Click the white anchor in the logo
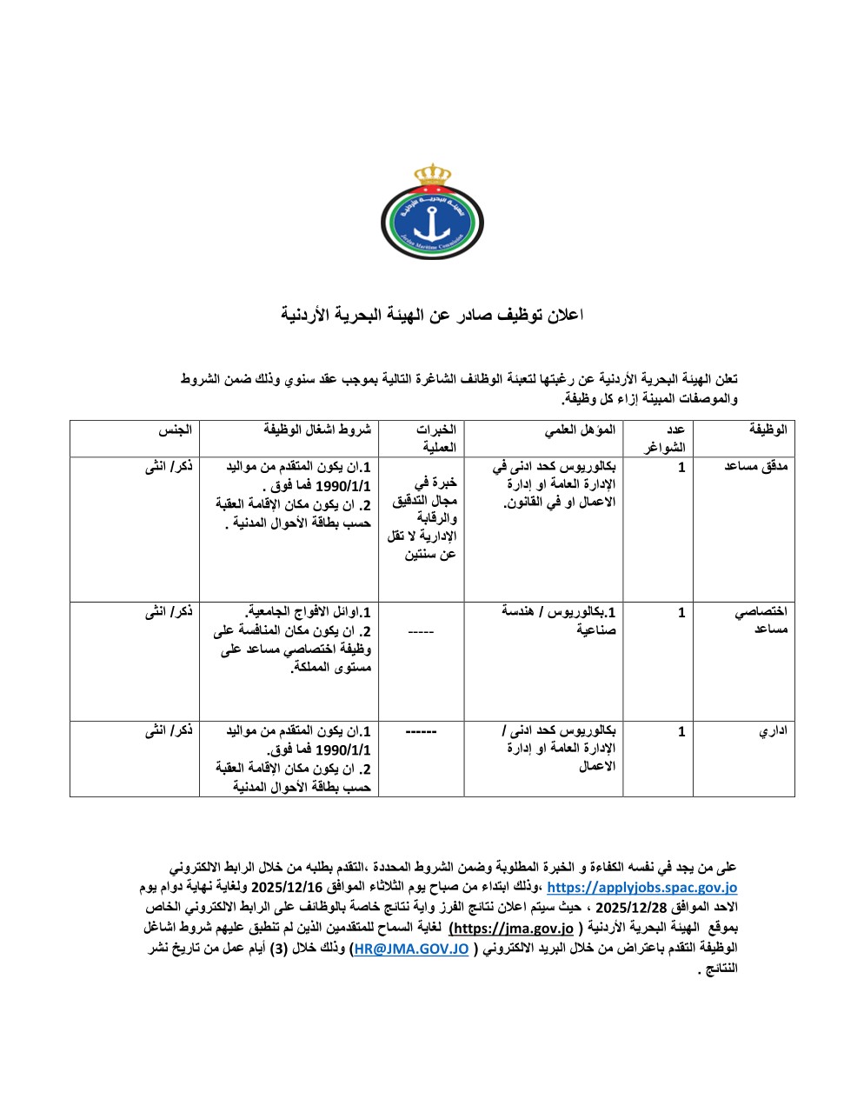431,223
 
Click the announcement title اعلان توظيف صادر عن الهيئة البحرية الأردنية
432,315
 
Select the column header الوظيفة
768,430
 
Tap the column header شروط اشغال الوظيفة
317,430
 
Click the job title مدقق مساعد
756,467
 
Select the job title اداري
773,732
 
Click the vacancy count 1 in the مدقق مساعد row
681,467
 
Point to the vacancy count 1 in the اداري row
681,732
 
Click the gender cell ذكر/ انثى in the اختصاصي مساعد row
169,612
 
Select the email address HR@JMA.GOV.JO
409,949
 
